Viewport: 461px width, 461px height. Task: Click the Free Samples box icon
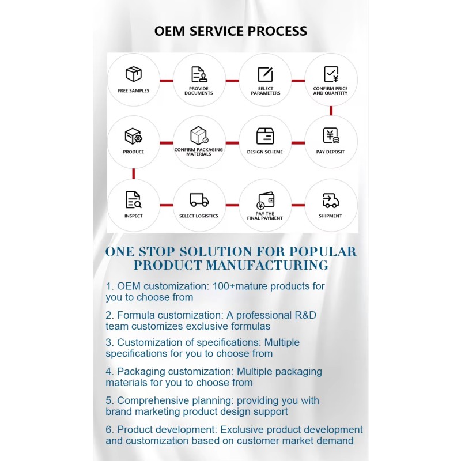coord(133,74)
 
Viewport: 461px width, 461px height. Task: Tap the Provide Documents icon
coord(199,74)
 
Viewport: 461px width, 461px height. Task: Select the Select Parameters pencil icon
coord(265,74)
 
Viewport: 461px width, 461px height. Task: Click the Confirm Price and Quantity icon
coord(331,74)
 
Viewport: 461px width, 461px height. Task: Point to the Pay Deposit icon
coord(331,136)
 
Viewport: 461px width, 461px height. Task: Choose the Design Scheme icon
coord(265,136)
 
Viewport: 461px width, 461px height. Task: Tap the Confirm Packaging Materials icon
coord(199,136)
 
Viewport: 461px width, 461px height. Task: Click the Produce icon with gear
coord(133,137)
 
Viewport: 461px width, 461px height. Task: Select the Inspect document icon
coord(133,199)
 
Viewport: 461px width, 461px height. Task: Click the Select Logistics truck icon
coord(199,200)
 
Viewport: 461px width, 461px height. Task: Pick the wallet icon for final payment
coord(265,199)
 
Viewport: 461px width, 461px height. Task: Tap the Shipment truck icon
coord(330,200)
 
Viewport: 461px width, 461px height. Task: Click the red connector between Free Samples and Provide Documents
coord(166,81)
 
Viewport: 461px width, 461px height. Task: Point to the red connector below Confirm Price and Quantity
coord(331,111)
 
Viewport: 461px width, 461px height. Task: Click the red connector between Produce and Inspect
coord(133,173)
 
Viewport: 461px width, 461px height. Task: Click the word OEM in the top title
coord(169,31)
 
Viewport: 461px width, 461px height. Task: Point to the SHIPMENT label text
coord(330,216)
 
